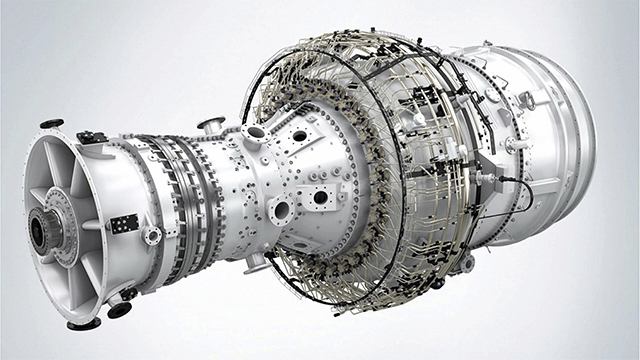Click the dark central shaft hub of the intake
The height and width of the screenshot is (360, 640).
click(x=43, y=232)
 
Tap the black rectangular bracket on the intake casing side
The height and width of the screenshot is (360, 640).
click(x=124, y=224)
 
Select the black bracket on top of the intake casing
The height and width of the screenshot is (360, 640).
click(x=91, y=137)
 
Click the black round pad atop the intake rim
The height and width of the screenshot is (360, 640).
click(x=51, y=124)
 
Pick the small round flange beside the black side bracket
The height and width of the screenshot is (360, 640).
click(x=152, y=236)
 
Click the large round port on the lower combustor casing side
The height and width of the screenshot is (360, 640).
click(x=281, y=211)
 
